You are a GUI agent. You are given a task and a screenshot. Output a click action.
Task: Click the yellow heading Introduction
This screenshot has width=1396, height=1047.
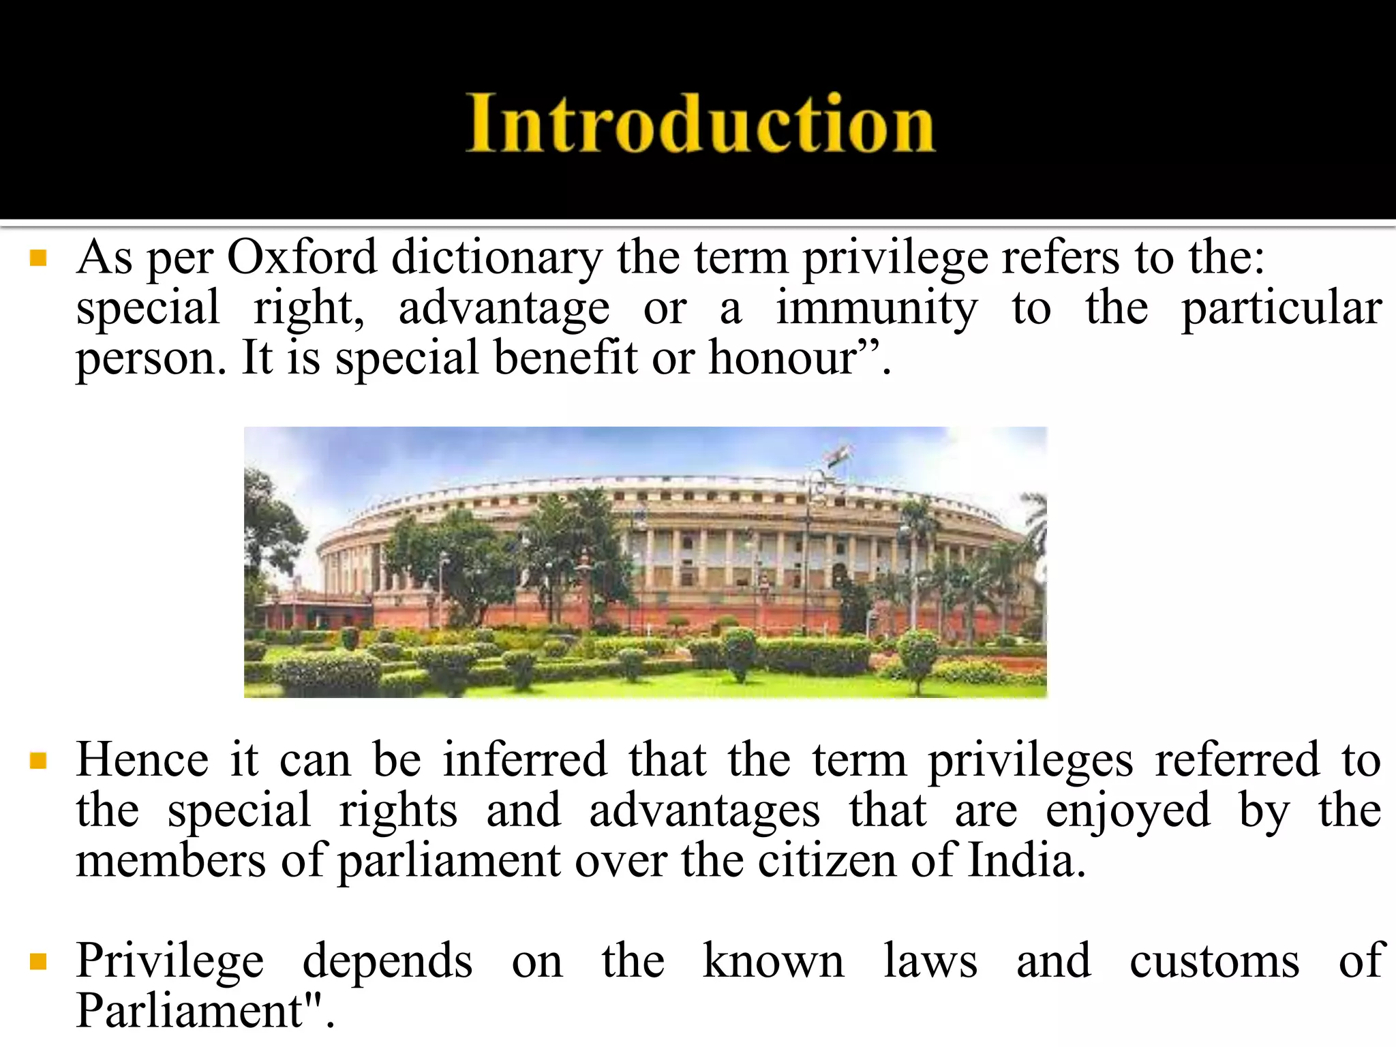pos(701,123)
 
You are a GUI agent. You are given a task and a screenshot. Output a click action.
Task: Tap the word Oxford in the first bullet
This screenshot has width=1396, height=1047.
pos(301,258)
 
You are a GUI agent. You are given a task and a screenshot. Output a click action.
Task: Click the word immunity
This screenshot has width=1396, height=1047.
pos(877,309)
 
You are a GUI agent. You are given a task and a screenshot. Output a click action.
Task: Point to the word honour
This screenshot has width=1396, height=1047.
pos(783,357)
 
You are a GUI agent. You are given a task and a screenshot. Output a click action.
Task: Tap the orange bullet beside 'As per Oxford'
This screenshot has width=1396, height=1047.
pos(38,258)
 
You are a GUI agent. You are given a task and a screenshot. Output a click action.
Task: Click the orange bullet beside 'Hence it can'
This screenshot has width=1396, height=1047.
pos(38,760)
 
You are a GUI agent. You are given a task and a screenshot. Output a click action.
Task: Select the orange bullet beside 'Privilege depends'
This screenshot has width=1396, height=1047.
pos(38,961)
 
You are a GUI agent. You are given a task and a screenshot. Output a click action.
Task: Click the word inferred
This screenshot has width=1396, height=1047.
pos(525,759)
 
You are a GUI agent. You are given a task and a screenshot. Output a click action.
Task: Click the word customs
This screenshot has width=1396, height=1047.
pos(1214,961)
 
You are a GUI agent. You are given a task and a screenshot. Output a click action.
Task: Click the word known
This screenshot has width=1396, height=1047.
pos(773,961)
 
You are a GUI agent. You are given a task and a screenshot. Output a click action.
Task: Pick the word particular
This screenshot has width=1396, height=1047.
pos(1281,309)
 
